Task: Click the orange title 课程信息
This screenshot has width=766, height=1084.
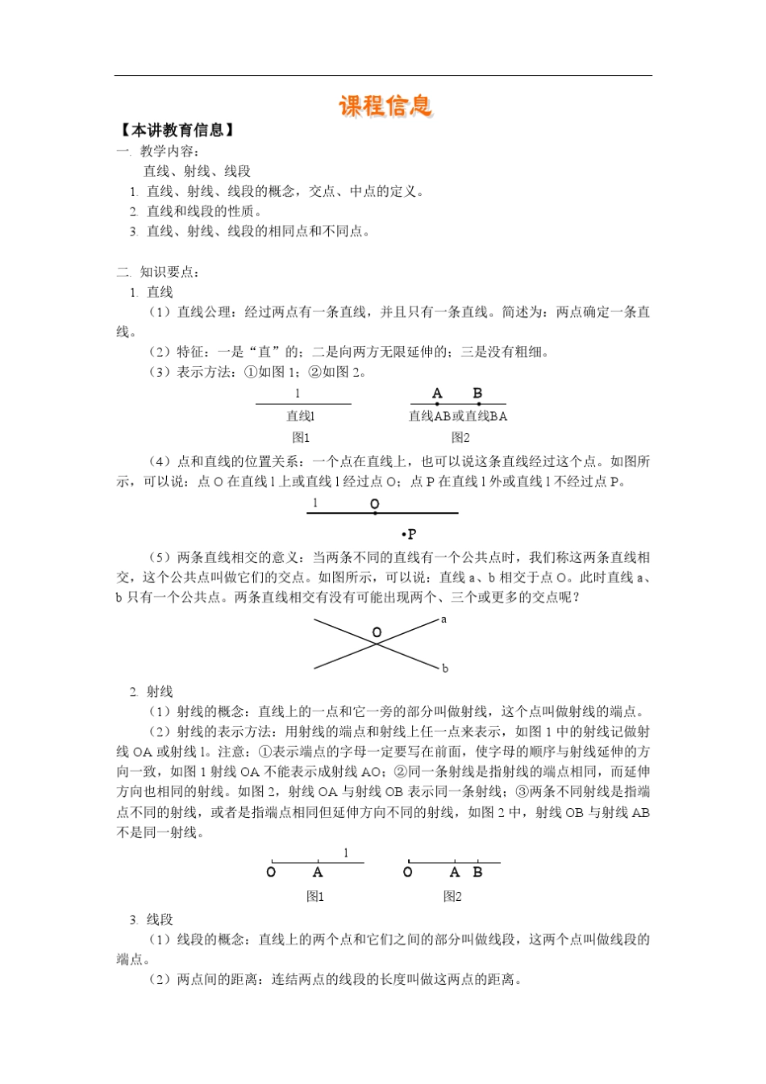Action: click(385, 106)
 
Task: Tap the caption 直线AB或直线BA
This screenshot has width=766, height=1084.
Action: click(458, 416)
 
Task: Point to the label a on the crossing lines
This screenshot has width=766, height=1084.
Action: click(443, 619)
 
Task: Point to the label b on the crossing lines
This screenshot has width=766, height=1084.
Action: click(444, 668)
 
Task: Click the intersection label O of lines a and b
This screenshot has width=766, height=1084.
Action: click(377, 632)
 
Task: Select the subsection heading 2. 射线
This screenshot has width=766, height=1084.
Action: click(152, 691)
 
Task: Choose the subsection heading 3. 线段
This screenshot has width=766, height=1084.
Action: click(152, 919)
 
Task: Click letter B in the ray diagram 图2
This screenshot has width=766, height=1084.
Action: click(477, 873)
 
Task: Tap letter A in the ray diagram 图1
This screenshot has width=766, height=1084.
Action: click(318, 873)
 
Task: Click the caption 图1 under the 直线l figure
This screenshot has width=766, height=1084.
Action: click(301, 437)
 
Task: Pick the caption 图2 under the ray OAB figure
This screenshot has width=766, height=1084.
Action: click(452, 896)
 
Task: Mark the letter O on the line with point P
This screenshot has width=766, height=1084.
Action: click(374, 504)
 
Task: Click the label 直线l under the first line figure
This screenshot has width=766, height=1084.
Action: click(301, 416)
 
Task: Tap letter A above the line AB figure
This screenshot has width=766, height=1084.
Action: click(437, 394)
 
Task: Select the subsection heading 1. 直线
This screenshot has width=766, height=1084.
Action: click(152, 292)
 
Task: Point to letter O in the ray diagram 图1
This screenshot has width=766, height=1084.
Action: click(271, 873)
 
